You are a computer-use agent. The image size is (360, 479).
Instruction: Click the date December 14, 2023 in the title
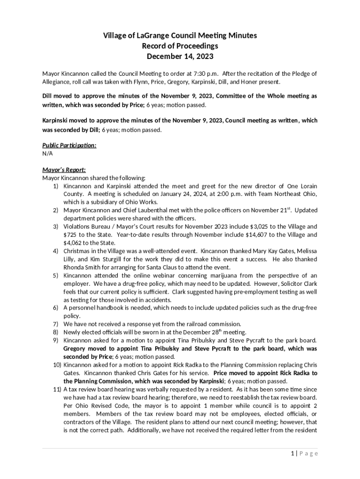click(x=180, y=57)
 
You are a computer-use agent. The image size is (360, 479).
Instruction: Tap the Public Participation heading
click(x=69, y=145)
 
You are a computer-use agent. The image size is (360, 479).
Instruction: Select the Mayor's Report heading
click(x=64, y=170)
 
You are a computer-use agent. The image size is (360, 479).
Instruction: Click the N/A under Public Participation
click(x=48, y=153)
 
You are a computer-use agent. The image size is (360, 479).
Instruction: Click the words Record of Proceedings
click(x=180, y=46)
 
